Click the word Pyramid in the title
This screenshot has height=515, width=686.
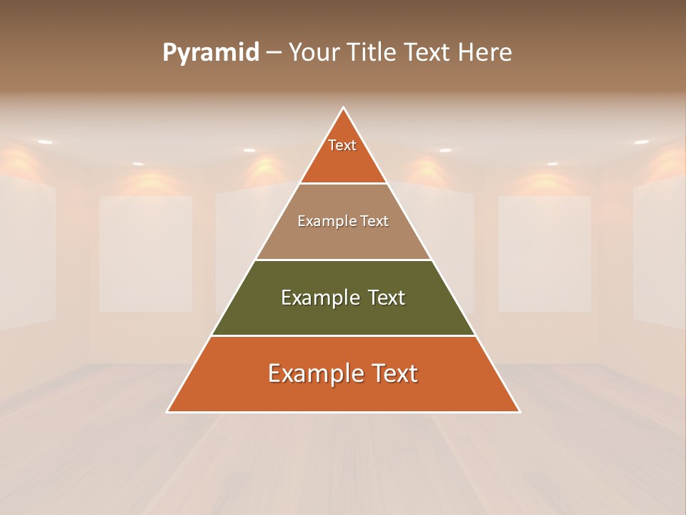[210, 53]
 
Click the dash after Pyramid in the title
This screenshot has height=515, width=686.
[273, 53]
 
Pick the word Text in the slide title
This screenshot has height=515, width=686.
[428, 52]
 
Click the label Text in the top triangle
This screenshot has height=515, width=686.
[342, 145]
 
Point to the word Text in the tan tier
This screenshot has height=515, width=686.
[375, 221]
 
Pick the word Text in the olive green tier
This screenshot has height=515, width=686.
[387, 298]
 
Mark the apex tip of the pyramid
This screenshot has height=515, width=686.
[344, 108]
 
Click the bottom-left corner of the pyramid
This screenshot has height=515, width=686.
[168, 411]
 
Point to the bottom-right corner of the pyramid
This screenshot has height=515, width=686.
[519, 411]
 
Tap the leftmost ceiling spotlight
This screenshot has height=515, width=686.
[45, 142]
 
